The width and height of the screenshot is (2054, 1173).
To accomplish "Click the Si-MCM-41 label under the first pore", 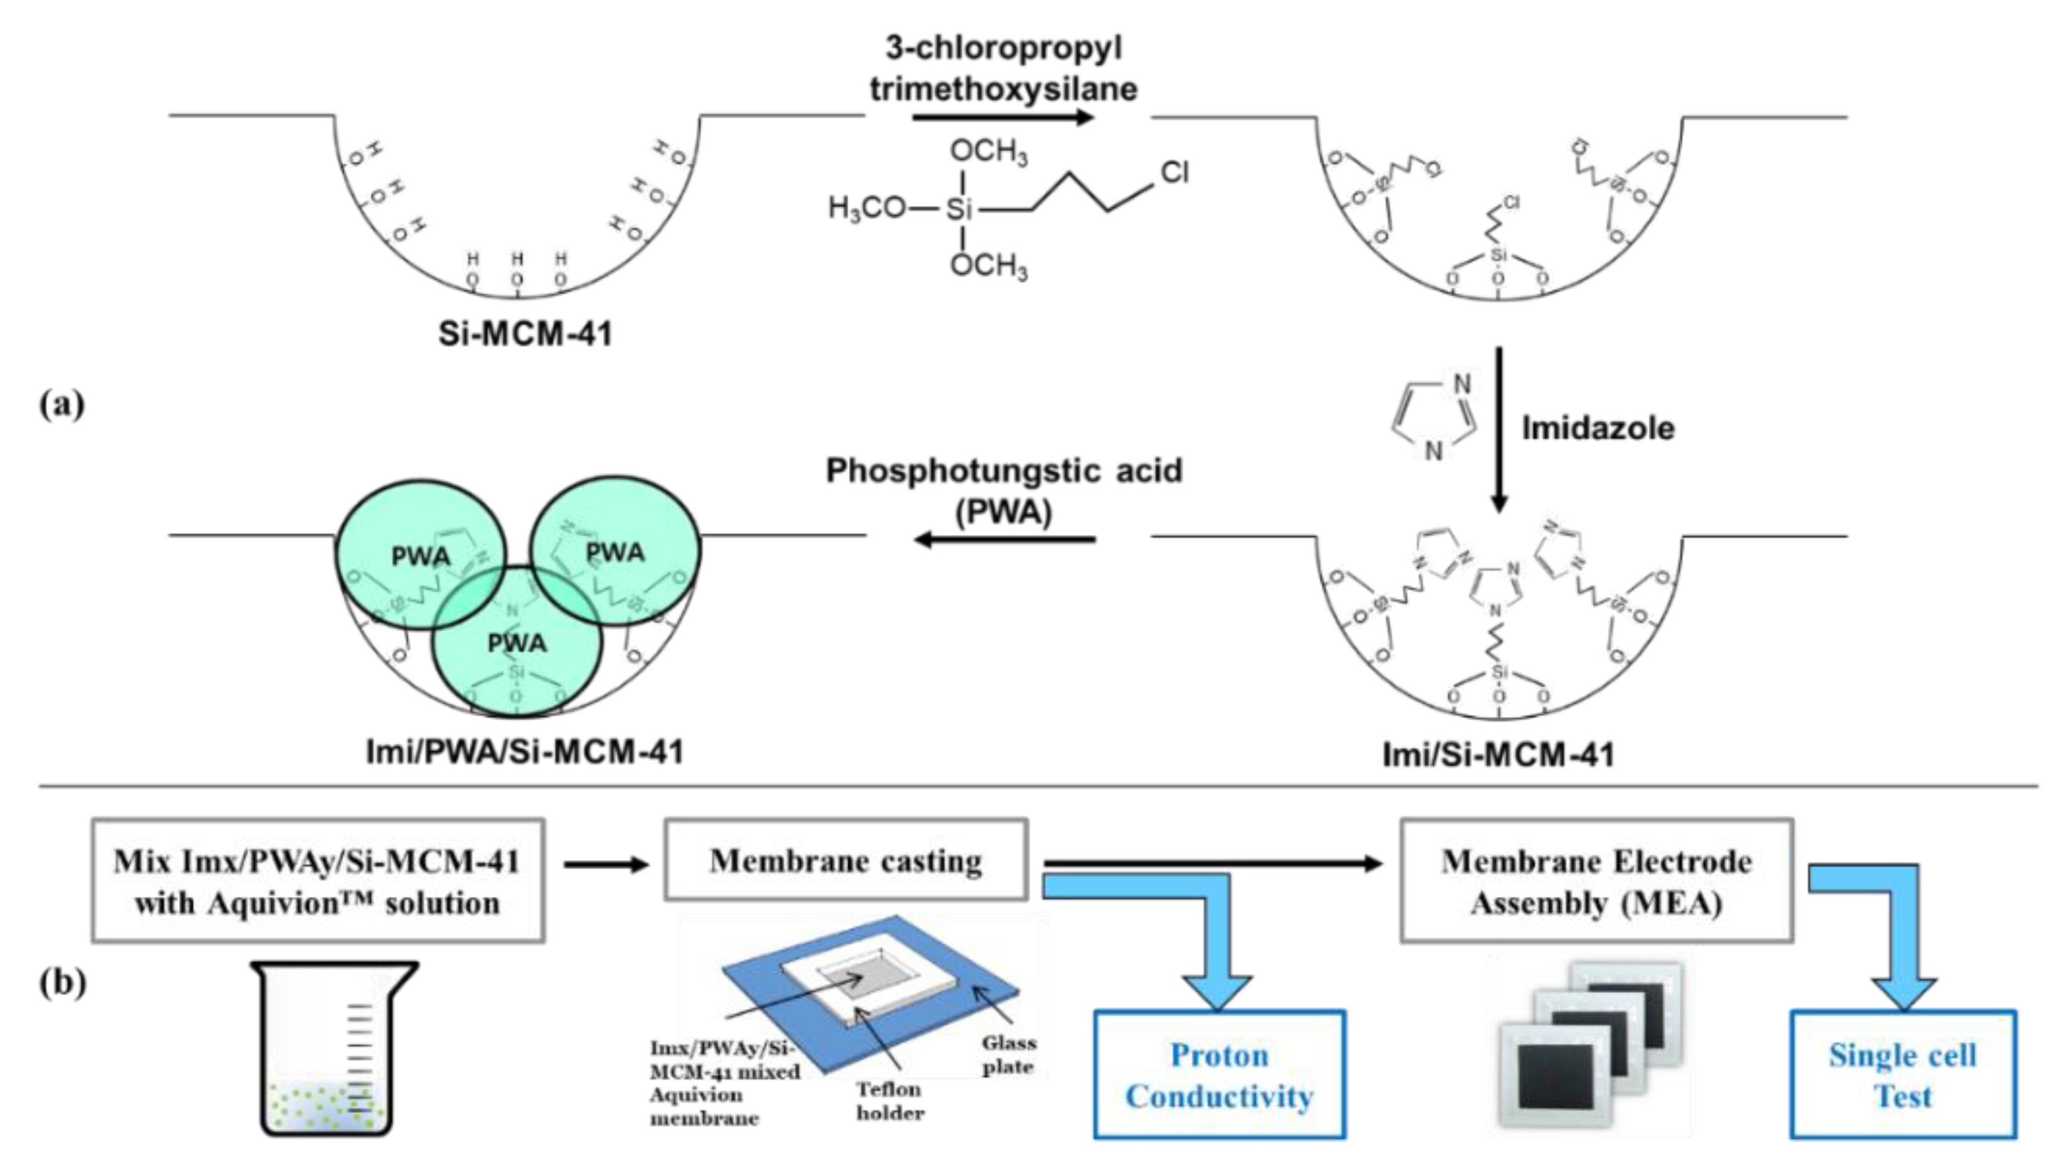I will pyautogui.click(x=525, y=334).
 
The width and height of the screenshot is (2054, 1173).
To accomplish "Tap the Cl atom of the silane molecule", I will pyautogui.click(x=1174, y=172).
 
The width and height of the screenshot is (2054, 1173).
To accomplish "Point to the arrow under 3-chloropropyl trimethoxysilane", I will pyautogui.click(x=1003, y=118).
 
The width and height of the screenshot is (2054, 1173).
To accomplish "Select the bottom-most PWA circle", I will pyautogui.click(x=517, y=643).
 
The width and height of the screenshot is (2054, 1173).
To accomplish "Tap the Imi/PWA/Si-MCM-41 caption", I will pyautogui.click(x=525, y=752).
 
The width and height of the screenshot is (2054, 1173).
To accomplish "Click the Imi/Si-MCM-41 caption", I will pyautogui.click(x=1498, y=755).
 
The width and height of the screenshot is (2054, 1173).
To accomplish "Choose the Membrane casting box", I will pyautogui.click(x=846, y=860).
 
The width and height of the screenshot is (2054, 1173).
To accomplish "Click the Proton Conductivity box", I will pyautogui.click(x=1219, y=1075).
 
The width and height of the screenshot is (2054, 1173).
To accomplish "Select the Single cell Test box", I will pyautogui.click(x=1903, y=1075).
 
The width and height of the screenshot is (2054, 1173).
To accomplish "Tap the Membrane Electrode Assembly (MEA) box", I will pyautogui.click(x=1596, y=881).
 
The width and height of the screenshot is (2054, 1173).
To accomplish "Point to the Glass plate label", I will pyautogui.click(x=1008, y=1055).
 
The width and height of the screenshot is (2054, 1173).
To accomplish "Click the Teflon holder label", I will pyautogui.click(x=889, y=1100).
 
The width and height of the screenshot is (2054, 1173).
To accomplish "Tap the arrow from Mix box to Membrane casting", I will pyautogui.click(x=606, y=864).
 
